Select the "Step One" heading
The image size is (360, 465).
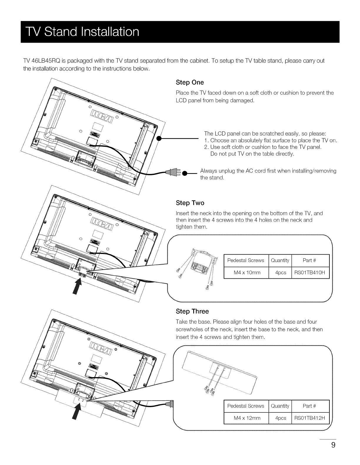pos(190,82)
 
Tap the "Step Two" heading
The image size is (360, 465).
pos(190,203)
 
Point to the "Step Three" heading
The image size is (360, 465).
pos(192,311)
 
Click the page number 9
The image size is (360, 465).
pos(333,445)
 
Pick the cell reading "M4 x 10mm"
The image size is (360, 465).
pos(247,272)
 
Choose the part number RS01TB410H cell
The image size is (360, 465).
pos(309,272)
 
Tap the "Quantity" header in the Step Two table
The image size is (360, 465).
pos(280,260)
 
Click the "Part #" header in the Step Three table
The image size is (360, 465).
pos(309,406)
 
